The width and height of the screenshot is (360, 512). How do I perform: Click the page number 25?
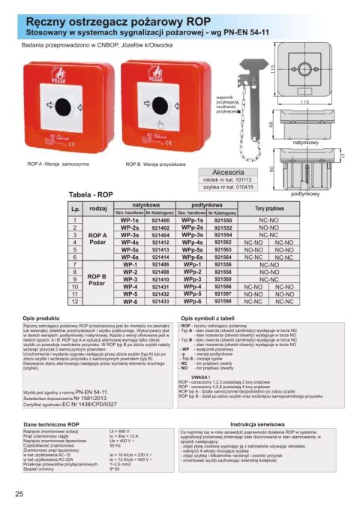[19, 493]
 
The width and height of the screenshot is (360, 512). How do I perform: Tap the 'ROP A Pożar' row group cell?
[98, 239]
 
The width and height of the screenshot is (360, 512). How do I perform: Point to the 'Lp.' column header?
[75, 207]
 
